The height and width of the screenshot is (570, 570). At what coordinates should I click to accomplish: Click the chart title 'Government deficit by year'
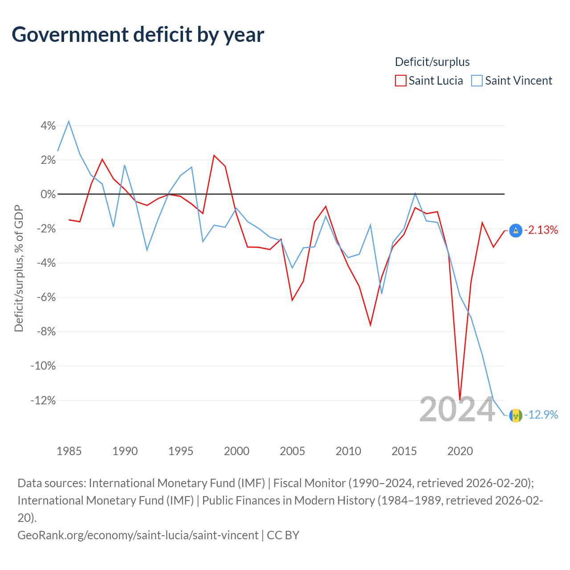click(x=138, y=35)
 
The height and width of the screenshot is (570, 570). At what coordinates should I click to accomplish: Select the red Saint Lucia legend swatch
click(x=400, y=81)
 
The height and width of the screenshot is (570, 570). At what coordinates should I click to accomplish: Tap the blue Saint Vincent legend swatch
click(x=477, y=81)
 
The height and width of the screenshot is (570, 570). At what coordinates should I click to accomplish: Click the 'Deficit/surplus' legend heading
click(x=432, y=62)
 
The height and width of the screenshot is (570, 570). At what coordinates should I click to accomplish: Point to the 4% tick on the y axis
click(x=48, y=126)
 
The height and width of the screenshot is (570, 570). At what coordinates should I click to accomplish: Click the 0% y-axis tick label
click(x=48, y=194)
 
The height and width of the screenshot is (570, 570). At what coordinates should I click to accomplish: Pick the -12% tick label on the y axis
click(x=43, y=400)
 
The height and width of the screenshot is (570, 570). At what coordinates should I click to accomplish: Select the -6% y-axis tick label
click(x=46, y=297)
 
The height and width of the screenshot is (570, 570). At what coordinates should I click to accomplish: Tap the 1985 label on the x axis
click(x=69, y=452)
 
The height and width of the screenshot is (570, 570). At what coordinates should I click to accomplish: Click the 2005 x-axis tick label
click(x=292, y=452)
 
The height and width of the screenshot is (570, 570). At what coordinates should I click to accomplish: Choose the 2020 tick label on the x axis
click(x=460, y=452)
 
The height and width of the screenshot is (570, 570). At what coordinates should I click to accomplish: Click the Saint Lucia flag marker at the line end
click(x=516, y=231)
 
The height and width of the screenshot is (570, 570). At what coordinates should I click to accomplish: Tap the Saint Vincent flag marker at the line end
click(x=516, y=415)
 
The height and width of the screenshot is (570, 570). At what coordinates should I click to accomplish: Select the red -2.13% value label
click(x=541, y=230)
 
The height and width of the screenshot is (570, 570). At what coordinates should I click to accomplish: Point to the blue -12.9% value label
click(x=541, y=415)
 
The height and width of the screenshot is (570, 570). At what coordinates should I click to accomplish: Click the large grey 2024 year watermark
click(x=457, y=410)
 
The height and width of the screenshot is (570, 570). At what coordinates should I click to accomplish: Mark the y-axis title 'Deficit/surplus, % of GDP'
click(x=19, y=268)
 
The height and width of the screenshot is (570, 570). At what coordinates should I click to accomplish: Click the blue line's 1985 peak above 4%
click(x=69, y=121)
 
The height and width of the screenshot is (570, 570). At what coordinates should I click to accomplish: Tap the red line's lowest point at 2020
click(x=460, y=400)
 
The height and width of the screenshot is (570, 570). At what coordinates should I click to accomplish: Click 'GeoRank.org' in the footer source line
click(x=51, y=535)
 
